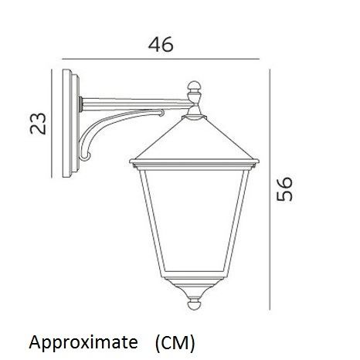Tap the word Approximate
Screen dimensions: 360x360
pos(82,341)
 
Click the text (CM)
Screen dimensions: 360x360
pos(174,341)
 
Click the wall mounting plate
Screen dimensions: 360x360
pos(71,124)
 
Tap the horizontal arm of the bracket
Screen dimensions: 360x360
pos(131,103)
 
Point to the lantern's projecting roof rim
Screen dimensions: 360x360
pos(194,164)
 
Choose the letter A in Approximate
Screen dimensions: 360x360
pos(34,340)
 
